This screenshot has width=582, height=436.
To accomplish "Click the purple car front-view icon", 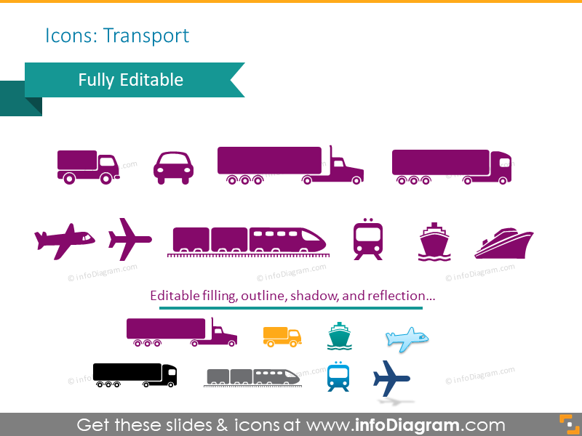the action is [x=173, y=166].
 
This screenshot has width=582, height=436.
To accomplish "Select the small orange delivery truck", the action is [x=282, y=335].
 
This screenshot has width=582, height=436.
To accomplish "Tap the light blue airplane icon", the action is [x=407, y=338].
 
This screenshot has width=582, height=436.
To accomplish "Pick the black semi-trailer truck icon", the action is [x=135, y=375].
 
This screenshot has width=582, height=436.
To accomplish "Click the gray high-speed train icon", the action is [x=252, y=376].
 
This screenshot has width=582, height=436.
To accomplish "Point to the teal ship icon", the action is [x=339, y=336].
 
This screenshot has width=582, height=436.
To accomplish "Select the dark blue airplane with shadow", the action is [x=391, y=379].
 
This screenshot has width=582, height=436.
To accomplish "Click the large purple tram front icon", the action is [x=367, y=239].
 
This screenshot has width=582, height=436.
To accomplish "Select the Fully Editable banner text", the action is [x=131, y=79].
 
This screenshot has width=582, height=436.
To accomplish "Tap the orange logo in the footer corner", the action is [x=566, y=424].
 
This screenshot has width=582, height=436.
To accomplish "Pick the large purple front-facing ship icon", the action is [x=434, y=242].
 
